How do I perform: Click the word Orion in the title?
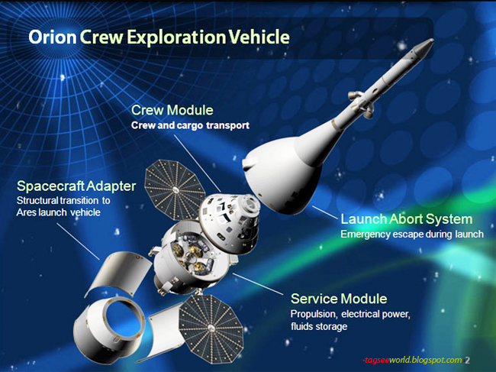pyautogui.click(x=50, y=37)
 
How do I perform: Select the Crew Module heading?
pyautogui.click(x=172, y=111)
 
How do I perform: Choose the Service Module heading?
pyautogui.click(x=338, y=298)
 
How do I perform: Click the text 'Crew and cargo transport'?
pyautogui.click(x=190, y=125)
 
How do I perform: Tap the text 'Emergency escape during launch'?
pyautogui.click(x=411, y=234)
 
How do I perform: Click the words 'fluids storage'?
pyautogui.click(x=318, y=327)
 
